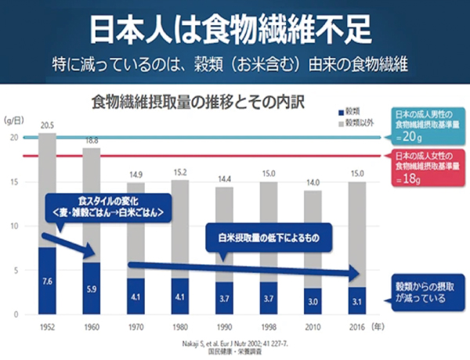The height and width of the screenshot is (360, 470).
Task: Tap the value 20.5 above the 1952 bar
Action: click(47, 125)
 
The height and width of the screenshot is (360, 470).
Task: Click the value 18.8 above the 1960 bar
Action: click(92, 141)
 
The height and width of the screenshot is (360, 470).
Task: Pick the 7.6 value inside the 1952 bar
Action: click(47, 280)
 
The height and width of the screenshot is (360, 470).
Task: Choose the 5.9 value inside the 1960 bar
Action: click(92, 288)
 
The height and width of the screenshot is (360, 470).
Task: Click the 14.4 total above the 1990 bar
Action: click(225, 179)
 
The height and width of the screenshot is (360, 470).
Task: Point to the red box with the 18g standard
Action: click(429, 167)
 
